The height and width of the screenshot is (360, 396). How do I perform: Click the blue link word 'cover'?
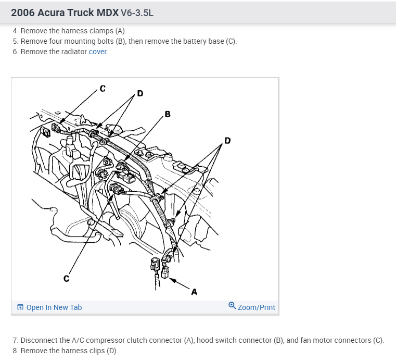(98, 52)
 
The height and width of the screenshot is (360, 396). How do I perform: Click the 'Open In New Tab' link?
(54, 307)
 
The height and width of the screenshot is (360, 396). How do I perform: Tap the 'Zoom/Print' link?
(256, 307)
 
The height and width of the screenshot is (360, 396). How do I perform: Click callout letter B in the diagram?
(167, 114)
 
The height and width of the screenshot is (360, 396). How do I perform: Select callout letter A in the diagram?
(194, 292)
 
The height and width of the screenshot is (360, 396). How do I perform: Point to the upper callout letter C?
(103, 88)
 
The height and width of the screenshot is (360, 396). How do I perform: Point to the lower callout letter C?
(66, 279)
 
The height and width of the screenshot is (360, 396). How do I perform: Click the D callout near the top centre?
(140, 94)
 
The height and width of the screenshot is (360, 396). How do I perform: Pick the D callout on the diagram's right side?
(227, 140)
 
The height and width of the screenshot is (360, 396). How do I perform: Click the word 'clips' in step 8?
(95, 351)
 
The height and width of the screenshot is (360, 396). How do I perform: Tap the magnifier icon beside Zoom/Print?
(232, 307)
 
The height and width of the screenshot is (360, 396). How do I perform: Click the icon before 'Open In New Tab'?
(20, 307)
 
